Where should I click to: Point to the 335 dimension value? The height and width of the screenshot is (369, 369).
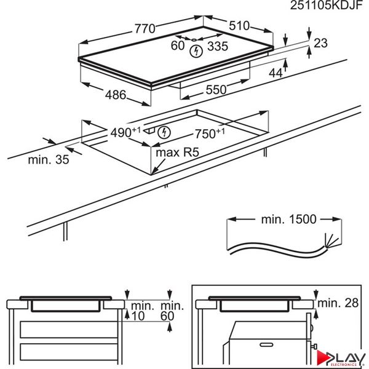coord(217,46)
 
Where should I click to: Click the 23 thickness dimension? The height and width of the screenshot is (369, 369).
coord(320,43)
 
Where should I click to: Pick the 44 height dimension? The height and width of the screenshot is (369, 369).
coord(276,73)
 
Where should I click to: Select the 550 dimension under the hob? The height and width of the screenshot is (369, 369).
coord(216,89)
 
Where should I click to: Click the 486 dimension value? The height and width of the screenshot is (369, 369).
coord(114,95)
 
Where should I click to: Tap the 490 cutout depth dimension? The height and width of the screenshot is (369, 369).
coord(125,132)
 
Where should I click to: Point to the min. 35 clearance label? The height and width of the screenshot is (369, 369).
coord(49,160)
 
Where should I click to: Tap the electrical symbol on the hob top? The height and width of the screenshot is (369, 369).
coord(196,50)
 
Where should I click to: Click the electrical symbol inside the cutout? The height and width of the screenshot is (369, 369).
coord(164,132)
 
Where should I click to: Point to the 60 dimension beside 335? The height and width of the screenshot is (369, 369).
coord(178,46)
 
